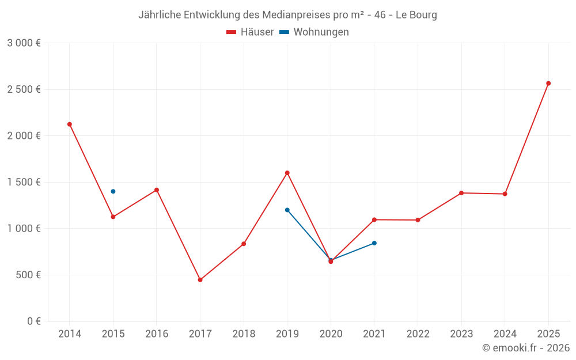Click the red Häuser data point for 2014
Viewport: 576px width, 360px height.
click(70, 124)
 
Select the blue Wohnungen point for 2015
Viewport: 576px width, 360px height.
click(113, 191)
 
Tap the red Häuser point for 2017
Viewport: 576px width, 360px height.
click(200, 280)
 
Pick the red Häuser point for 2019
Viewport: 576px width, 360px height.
click(287, 173)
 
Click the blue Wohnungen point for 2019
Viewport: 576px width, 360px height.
click(287, 210)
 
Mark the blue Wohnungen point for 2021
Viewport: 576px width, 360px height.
click(374, 243)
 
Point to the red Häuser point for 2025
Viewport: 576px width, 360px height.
click(548, 84)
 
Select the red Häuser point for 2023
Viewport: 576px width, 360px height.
click(461, 193)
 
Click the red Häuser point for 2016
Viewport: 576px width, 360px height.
click(157, 190)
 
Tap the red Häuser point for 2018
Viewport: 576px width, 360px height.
click(244, 244)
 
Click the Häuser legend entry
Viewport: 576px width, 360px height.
click(250, 32)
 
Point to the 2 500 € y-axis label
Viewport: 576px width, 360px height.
click(24, 89)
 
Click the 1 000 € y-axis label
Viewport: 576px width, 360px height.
click(24, 229)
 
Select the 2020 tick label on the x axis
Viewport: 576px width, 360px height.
click(331, 334)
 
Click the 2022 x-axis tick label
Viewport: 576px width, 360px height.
click(418, 334)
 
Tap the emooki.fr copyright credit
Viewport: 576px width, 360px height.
click(525, 348)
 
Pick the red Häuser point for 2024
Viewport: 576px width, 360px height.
click(505, 194)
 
